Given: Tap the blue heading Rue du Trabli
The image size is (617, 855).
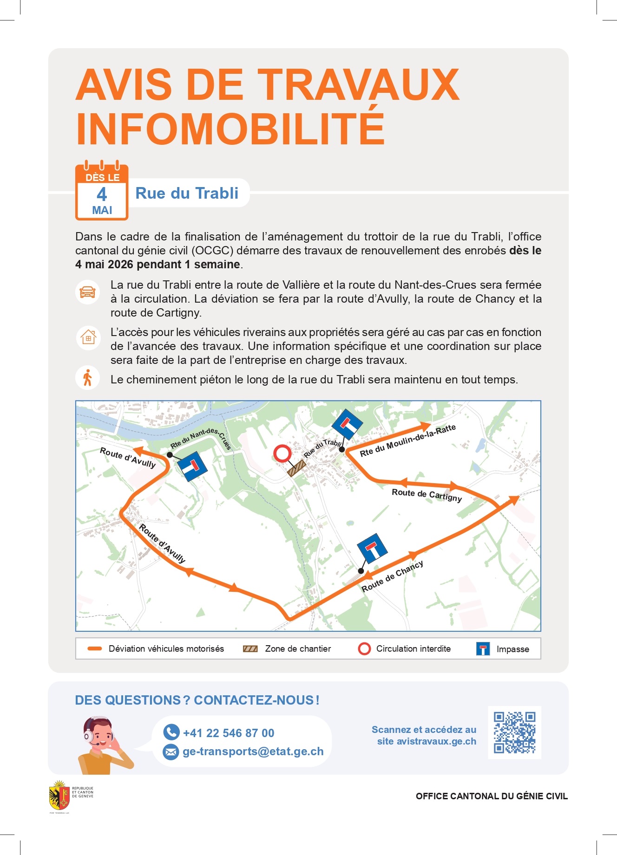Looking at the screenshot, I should pyautogui.click(x=187, y=193).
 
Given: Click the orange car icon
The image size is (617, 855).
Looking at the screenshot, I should pyautogui.click(x=88, y=292).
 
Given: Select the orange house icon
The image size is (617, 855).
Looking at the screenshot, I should pyautogui.click(x=88, y=337).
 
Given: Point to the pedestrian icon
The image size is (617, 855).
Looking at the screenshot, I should pyautogui.click(x=87, y=378).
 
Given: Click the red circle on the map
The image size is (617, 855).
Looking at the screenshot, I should pyautogui.click(x=282, y=453).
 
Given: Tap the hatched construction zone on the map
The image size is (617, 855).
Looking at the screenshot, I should pyautogui.click(x=296, y=468).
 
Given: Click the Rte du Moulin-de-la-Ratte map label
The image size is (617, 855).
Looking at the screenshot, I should pyautogui.click(x=407, y=440).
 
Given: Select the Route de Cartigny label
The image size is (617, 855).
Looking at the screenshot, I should pyautogui.click(x=427, y=495).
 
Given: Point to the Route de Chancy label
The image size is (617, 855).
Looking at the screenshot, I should pyautogui.click(x=392, y=576).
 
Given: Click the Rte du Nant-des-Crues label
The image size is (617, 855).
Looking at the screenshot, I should pyautogui.click(x=201, y=439).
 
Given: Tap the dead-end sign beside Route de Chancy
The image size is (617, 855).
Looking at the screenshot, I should pyautogui.click(x=372, y=548).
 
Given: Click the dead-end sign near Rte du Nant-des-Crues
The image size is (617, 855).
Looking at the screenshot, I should pyautogui.click(x=193, y=466).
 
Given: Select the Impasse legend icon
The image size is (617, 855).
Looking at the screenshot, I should pyautogui.click(x=483, y=649).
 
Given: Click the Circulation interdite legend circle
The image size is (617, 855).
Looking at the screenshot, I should pyautogui.click(x=365, y=649).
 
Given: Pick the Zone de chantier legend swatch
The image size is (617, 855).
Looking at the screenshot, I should pyautogui.click(x=250, y=649).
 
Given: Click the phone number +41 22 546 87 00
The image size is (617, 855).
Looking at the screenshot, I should pyautogui.click(x=228, y=733).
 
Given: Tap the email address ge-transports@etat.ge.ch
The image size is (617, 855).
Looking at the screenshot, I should pyautogui.click(x=253, y=751).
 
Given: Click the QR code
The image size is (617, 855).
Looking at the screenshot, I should pyautogui.click(x=514, y=732).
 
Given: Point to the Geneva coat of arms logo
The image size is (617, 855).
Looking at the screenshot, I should pyautogui.click(x=59, y=796).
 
